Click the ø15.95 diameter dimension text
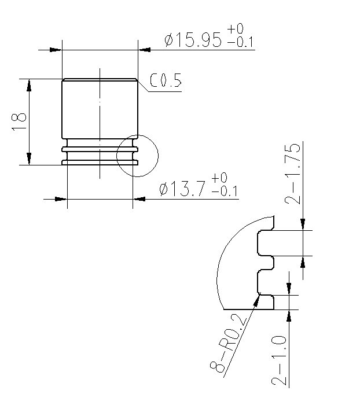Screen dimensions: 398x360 [193, 40]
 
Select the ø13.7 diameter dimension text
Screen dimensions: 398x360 [183, 189]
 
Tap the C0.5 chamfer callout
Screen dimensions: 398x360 [166, 82]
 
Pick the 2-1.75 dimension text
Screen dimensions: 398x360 [293, 174]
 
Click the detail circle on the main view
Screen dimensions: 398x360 [137, 156]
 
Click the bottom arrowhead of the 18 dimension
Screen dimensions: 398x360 [29, 159]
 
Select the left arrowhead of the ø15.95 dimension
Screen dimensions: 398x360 [56, 50]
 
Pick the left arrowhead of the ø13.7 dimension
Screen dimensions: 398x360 [61, 199]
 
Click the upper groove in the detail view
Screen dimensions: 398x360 [264, 244]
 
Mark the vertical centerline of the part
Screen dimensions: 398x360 [100, 121]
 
